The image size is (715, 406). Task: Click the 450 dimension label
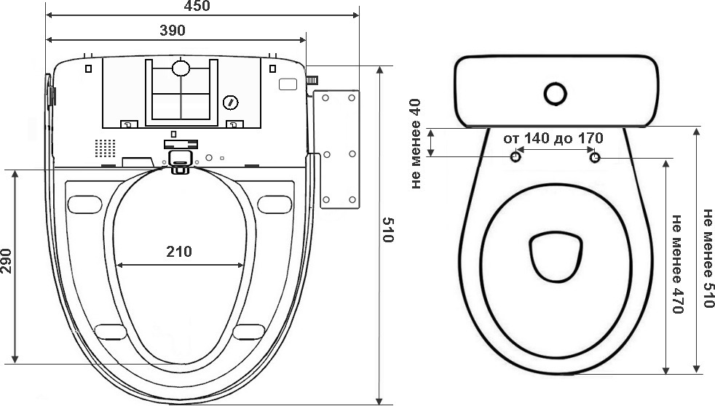197,6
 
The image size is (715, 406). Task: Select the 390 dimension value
173,31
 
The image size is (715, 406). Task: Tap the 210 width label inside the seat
179,251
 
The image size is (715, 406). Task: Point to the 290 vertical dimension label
6,260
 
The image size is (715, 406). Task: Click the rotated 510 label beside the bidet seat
387,230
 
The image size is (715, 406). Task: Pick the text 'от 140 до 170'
553,138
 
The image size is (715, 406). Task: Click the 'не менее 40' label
416,144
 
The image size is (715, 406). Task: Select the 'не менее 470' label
678,264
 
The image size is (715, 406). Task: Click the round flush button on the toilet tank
556,95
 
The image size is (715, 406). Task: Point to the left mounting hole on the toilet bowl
515,157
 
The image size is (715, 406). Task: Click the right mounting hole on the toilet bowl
595,158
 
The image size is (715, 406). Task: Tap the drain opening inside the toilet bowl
556,257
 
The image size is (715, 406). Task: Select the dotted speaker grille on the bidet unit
105,148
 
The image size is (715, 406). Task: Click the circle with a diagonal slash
231,103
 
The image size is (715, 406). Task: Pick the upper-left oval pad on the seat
84,204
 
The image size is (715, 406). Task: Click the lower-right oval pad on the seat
249,332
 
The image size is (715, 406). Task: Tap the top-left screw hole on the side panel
326,98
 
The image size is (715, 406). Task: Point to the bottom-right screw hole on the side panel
352,199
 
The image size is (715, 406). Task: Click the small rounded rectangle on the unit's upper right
288,84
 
